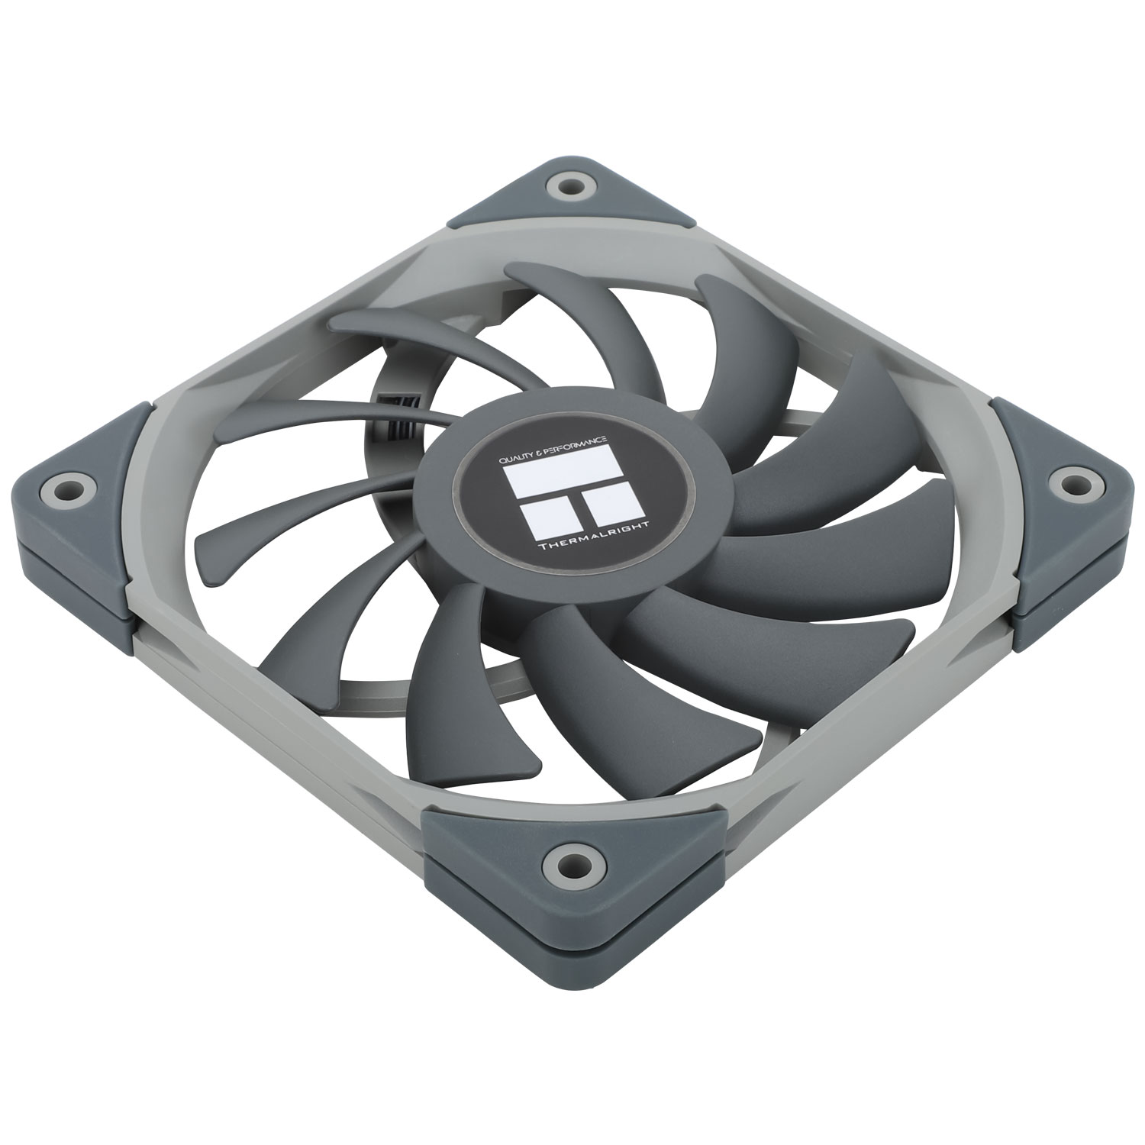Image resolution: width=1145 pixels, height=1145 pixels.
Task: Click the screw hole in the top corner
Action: (568, 185)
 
